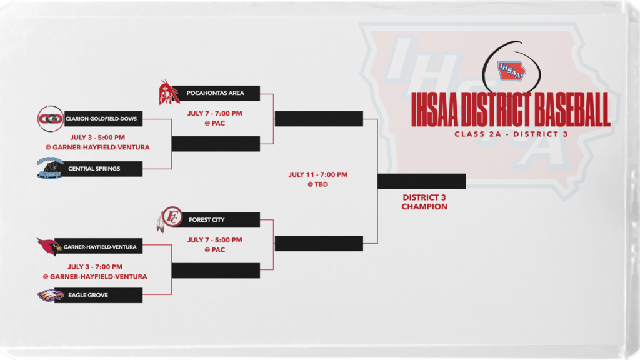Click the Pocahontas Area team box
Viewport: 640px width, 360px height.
(x=216, y=93)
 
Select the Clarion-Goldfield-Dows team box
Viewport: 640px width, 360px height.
(x=103, y=119)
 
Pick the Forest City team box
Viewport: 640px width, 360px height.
(x=216, y=219)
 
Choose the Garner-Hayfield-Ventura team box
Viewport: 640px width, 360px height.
(x=98, y=246)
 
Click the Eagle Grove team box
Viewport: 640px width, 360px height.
(x=98, y=295)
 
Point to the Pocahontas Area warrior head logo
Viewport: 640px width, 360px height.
(x=169, y=92)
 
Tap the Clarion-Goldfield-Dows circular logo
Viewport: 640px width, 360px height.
(x=51, y=119)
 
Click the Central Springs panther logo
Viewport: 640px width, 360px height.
(x=50, y=168)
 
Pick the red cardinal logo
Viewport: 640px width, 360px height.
(x=49, y=246)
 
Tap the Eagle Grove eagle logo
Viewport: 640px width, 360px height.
(x=50, y=295)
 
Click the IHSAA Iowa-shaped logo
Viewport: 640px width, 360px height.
(x=511, y=71)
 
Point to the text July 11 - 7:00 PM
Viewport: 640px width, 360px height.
(x=318, y=175)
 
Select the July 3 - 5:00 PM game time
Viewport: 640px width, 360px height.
(x=97, y=137)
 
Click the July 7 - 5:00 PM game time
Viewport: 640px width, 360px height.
(x=215, y=240)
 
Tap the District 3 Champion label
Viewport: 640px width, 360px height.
(x=424, y=202)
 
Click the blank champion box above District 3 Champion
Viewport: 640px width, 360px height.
(x=422, y=181)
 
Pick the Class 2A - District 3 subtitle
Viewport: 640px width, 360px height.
(x=511, y=134)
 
